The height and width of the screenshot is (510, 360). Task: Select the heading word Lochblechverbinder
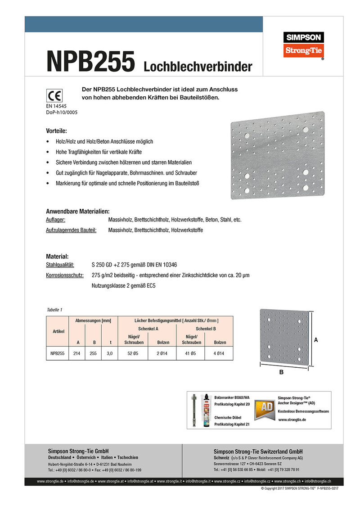[198, 67]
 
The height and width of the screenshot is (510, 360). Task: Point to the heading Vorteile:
[56, 131]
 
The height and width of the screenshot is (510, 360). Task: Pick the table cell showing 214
[76, 354]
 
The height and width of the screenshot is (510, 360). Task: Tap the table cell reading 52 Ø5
[132, 354]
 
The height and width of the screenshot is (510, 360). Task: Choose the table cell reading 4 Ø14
[220, 354]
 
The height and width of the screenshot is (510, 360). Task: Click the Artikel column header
[57, 331]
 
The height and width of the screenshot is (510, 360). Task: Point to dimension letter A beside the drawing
[316, 341]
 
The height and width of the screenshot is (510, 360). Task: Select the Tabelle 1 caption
[54, 310]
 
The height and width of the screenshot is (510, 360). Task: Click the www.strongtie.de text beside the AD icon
[292, 420]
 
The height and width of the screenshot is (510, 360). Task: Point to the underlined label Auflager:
[56, 220]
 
